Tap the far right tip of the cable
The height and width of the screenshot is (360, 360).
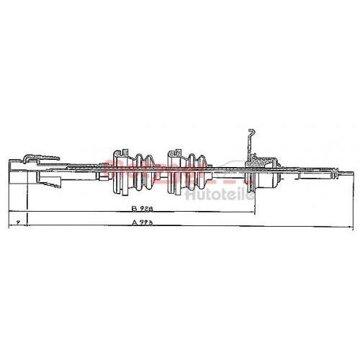(x=352, y=171)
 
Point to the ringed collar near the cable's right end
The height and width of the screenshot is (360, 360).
(x=333, y=171)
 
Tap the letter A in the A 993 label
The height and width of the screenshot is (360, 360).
(x=134, y=223)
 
